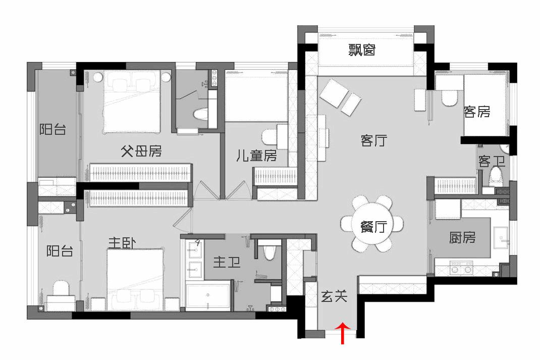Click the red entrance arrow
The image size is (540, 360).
(343, 333)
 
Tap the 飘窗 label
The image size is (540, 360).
(361, 50)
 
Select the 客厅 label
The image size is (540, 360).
(373, 140)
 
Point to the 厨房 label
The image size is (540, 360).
(462, 237)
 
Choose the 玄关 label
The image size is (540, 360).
(334, 296)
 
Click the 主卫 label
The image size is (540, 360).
(226, 263)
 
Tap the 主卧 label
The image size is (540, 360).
(122, 242)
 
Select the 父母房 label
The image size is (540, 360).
(141, 151)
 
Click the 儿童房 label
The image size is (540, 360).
(256, 156)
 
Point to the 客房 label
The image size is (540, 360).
(476, 112)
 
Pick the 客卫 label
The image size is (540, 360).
(492, 161)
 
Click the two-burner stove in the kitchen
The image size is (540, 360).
(461, 267)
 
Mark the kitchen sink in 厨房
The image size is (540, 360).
(501, 237)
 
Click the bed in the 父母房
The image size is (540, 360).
(132, 101)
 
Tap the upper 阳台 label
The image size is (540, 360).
(52, 129)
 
